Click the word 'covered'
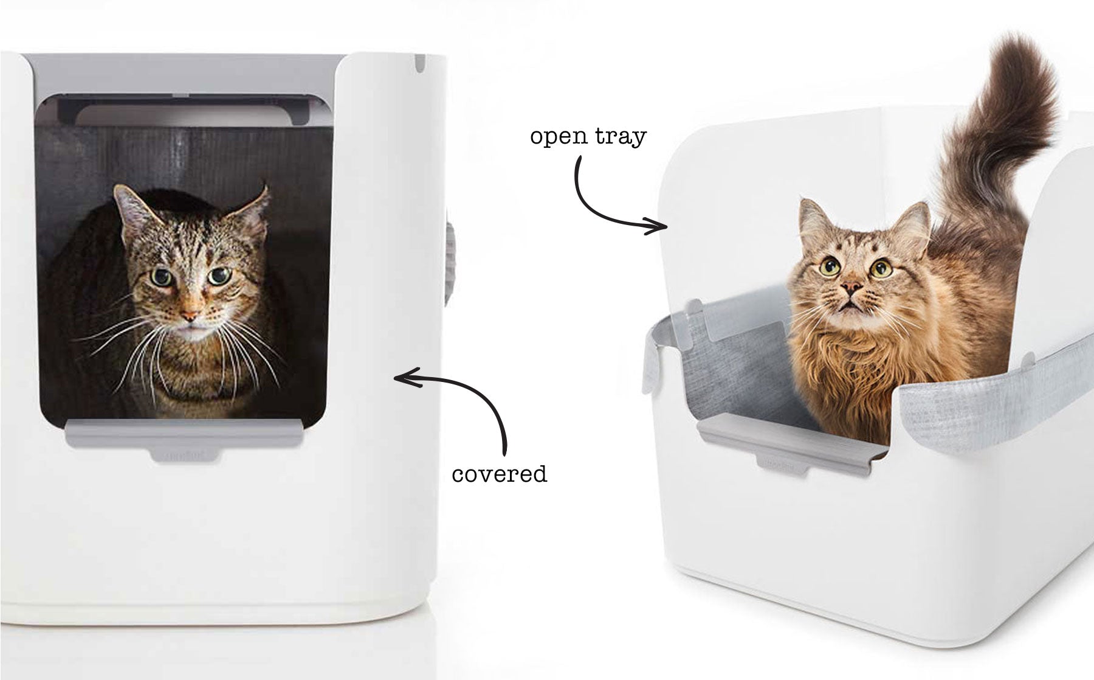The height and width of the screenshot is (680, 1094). tap(499, 474)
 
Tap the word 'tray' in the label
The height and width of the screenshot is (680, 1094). tap(621, 136)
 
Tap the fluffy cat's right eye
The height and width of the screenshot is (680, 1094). tap(879, 268)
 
